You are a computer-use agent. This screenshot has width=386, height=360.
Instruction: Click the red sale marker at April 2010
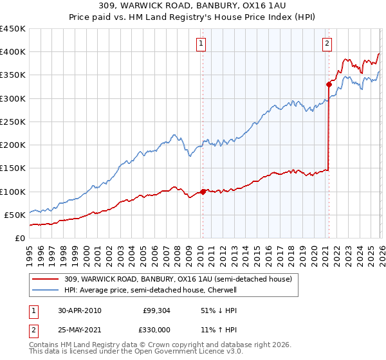[x=203, y=191]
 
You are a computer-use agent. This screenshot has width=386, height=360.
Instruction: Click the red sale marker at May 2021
[x=329, y=84]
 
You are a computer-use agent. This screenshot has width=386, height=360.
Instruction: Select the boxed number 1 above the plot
[x=201, y=44]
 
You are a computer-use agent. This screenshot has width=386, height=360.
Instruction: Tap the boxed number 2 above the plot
[x=327, y=44]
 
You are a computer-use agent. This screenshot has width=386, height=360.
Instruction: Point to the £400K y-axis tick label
[x=13, y=52]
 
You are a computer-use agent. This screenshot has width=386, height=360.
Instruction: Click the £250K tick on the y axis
[x=13, y=122]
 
